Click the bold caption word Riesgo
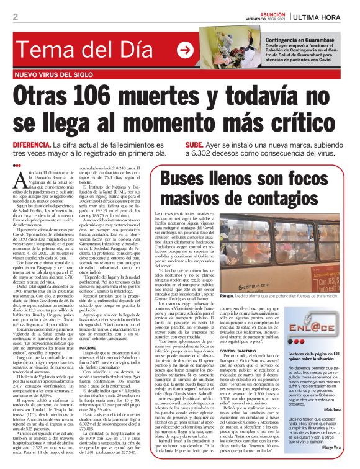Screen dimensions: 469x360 [246, 332]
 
